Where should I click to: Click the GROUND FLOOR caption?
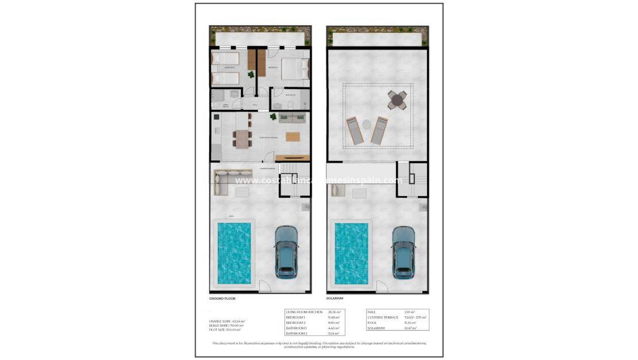tap(222, 298)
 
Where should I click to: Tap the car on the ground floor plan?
tap(286, 251)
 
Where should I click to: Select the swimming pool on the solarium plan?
tap(352, 253)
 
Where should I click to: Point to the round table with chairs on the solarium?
tap(397, 100)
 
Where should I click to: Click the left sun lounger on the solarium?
tap(353, 131)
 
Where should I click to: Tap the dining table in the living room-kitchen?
tap(242, 139)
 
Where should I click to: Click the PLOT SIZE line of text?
tap(225, 330)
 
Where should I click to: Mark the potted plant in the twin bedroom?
tap(251, 75)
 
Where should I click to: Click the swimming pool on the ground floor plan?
tap(234, 253)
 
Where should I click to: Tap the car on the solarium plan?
tap(403, 251)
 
